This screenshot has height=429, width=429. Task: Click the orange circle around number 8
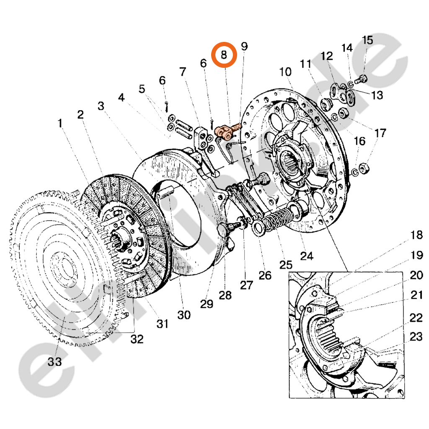[x=224, y=54]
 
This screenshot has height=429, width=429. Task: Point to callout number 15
[x=367, y=41]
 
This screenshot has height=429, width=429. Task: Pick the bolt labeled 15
[x=361, y=78]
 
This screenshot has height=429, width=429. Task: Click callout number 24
[x=307, y=256]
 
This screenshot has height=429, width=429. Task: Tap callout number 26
[x=265, y=275]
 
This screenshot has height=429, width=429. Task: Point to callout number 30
[x=184, y=314]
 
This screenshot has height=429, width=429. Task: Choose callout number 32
[x=137, y=339]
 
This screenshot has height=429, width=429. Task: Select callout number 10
[x=285, y=72]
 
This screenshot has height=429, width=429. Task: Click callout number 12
[x=327, y=56]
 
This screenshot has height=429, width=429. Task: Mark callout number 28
[x=225, y=295]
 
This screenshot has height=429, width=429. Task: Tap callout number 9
[x=244, y=46]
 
